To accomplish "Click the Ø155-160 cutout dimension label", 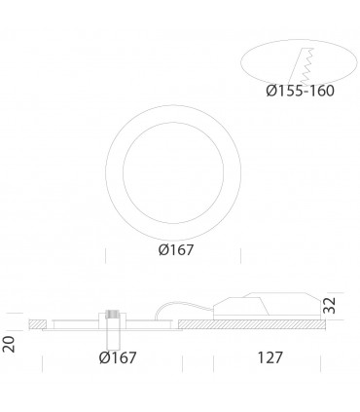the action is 300,91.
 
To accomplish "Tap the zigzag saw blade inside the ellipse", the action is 307,66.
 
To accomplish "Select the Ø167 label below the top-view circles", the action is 176,250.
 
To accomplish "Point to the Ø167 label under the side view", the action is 118,357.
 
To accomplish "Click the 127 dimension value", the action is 270,357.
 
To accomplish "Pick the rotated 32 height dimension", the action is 330,305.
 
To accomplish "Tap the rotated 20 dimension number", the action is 9,345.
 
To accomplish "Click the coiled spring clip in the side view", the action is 113,315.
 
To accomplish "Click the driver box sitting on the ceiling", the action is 266,304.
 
